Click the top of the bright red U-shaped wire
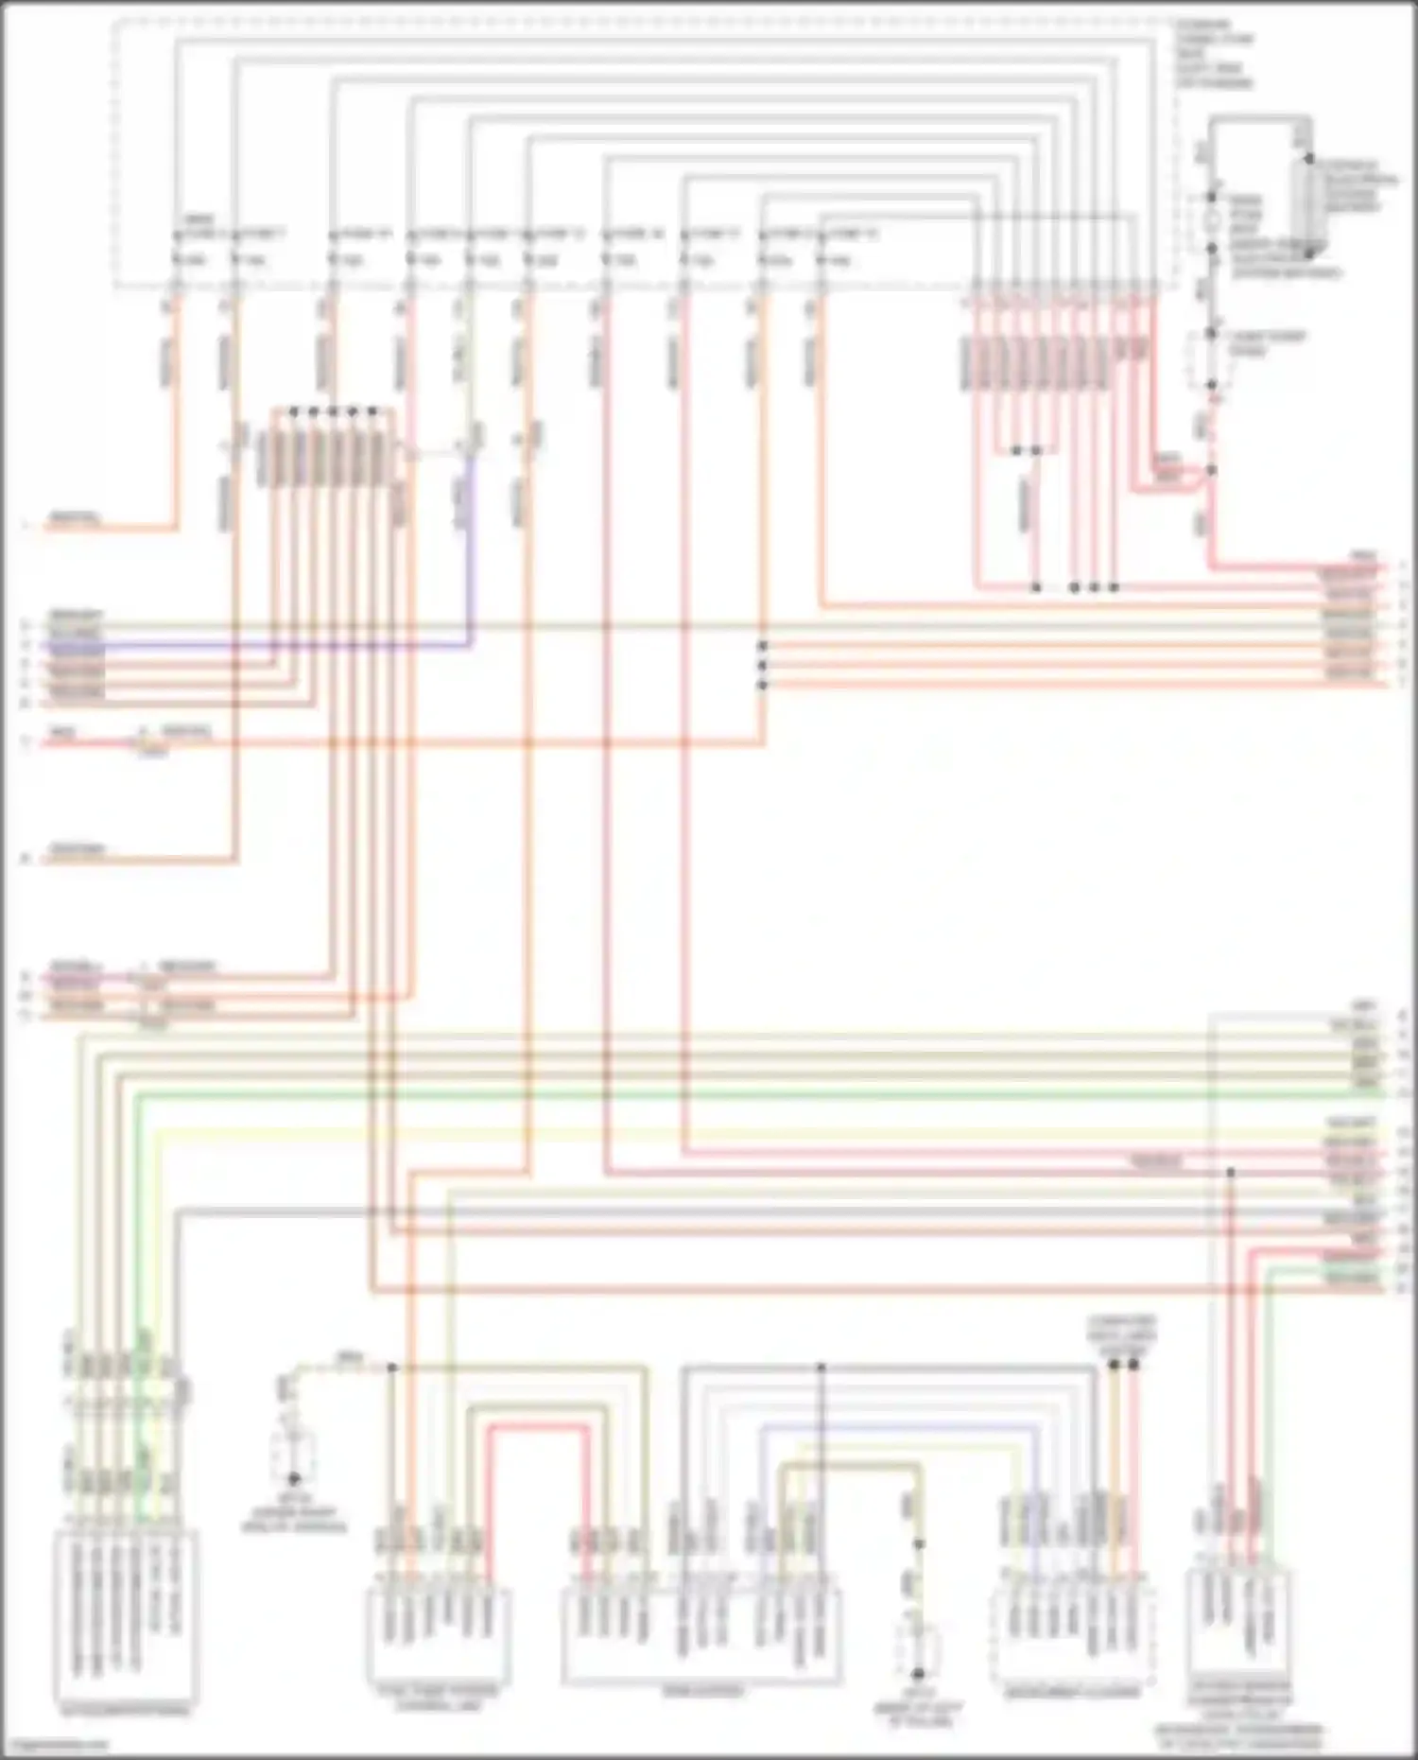[537, 1426]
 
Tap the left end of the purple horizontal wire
[57, 646]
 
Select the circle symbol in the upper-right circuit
[1211, 224]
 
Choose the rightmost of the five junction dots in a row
[372, 411]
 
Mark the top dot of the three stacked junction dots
[762, 646]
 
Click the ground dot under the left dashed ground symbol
[294, 1479]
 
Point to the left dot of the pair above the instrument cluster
[1114, 1365]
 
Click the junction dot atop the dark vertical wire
[821, 1368]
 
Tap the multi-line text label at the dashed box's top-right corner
[1215, 53]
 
